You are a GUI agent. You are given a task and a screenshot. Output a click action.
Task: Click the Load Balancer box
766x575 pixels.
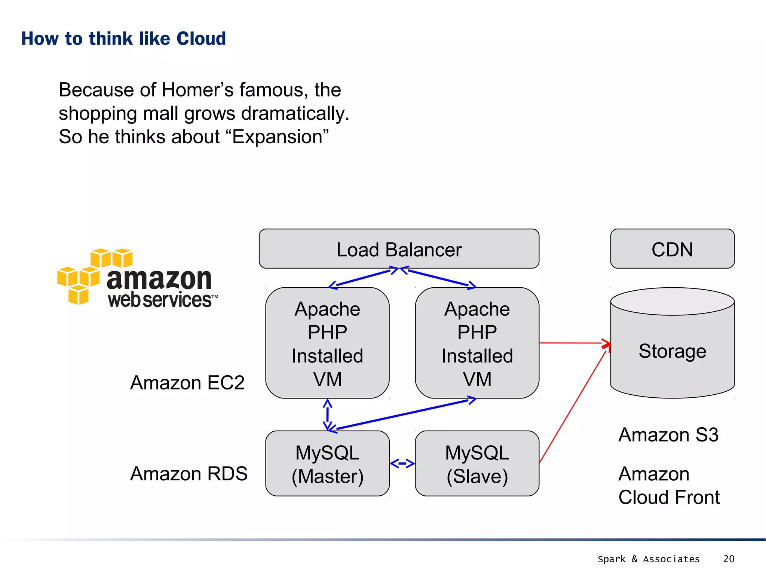pyautogui.click(x=399, y=249)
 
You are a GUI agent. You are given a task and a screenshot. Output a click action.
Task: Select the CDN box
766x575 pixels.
pyautogui.click(x=672, y=249)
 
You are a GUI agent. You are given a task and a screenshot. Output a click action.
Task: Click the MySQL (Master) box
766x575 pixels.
pyautogui.click(x=327, y=464)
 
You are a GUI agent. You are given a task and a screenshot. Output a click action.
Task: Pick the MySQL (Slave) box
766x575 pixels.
pyautogui.click(x=477, y=464)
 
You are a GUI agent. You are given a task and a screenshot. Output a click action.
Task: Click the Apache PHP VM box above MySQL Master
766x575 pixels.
pyautogui.click(x=327, y=343)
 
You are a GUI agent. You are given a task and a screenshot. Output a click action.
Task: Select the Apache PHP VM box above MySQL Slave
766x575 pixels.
pyautogui.click(x=477, y=343)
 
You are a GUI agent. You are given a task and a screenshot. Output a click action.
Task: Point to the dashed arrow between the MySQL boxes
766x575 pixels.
pyautogui.click(x=402, y=464)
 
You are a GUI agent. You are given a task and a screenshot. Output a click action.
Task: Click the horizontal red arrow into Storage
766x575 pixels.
pyautogui.click(x=572, y=343)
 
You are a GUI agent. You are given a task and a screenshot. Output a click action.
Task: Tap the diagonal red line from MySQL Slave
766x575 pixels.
pyautogui.click(x=572, y=408)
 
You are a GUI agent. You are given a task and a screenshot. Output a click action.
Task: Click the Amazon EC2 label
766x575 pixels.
pyautogui.click(x=187, y=383)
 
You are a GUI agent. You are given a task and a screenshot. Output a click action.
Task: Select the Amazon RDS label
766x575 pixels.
pyautogui.click(x=189, y=474)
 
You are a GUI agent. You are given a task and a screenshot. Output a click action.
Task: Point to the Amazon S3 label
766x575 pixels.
pyautogui.click(x=668, y=435)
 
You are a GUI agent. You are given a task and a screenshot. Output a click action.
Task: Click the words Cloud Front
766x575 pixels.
pyautogui.click(x=669, y=498)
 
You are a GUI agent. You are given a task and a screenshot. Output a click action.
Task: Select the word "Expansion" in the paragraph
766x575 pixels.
pyautogui.click(x=277, y=137)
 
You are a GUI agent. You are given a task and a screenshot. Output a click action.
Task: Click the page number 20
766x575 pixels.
pyautogui.click(x=729, y=559)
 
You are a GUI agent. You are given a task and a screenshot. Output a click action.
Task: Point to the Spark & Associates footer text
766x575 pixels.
pyautogui.click(x=649, y=559)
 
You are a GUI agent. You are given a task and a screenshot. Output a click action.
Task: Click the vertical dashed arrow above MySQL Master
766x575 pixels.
pyautogui.click(x=327, y=415)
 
